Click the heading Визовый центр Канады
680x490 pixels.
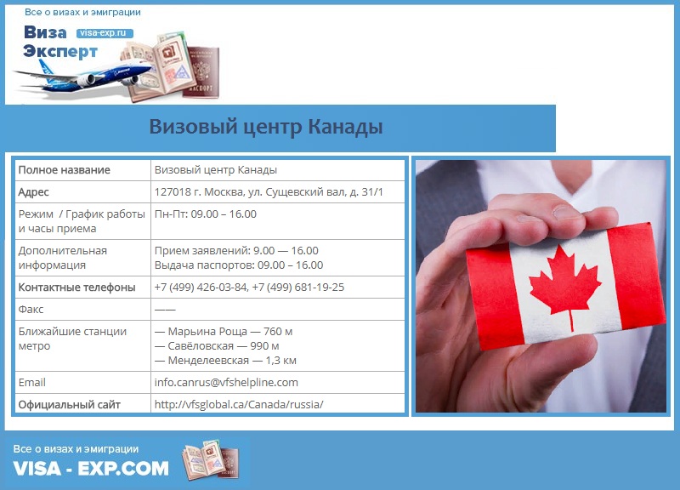pyautogui.click(x=266, y=127)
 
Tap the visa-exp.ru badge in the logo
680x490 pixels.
pyautogui.click(x=105, y=33)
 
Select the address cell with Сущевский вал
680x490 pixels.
pyautogui.click(x=269, y=192)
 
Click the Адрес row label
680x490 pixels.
pyautogui.click(x=33, y=192)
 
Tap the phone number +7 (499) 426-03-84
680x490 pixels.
pyautogui.click(x=201, y=288)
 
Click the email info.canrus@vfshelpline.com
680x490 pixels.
pyautogui.click(x=226, y=382)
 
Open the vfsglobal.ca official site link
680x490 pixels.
pyautogui.click(x=239, y=404)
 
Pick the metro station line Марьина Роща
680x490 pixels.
pyautogui.click(x=224, y=332)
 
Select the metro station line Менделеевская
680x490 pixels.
pyautogui.click(x=225, y=360)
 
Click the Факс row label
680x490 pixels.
pyautogui.click(x=31, y=310)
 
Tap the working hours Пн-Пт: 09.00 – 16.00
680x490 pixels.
pyautogui.click(x=206, y=214)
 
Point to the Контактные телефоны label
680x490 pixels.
pyautogui.click(x=76, y=288)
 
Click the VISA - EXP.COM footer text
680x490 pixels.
pyautogui.click(x=91, y=468)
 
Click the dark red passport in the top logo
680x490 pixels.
pyautogui.click(x=201, y=72)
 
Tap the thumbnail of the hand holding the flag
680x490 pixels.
pyautogui.click(x=541, y=286)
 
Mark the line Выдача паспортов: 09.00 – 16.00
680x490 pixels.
pyautogui.click(x=239, y=265)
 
